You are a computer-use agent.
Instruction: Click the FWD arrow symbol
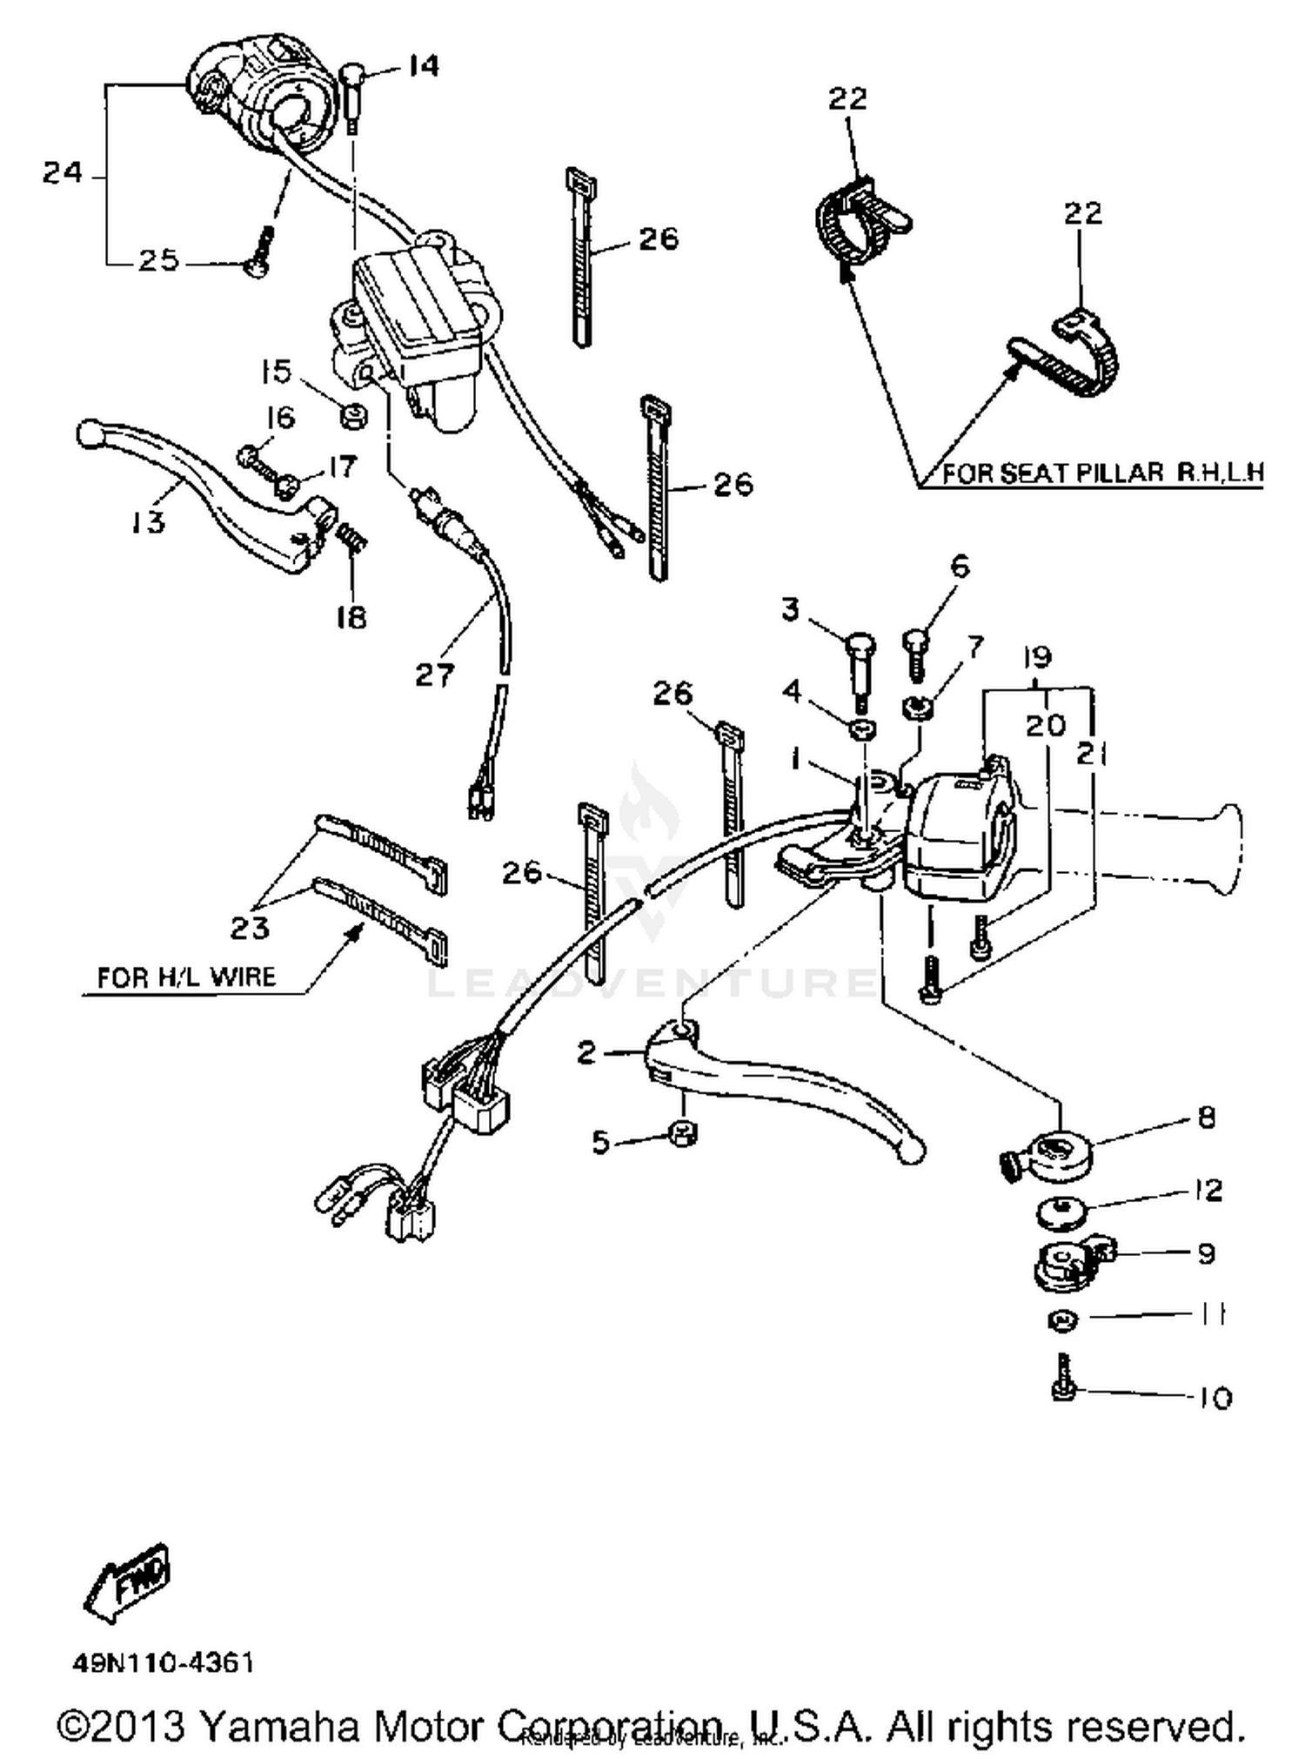tap(128, 1582)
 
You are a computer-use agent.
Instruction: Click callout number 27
tap(434, 673)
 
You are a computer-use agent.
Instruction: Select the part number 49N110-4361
tap(164, 1663)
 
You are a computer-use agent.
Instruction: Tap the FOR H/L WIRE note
tap(185, 977)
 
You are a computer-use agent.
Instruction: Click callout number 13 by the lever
tap(148, 522)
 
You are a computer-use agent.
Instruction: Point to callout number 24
tap(63, 173)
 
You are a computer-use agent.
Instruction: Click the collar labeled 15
tap(353, 417)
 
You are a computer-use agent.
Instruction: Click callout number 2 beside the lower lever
tap(587, 1053)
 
